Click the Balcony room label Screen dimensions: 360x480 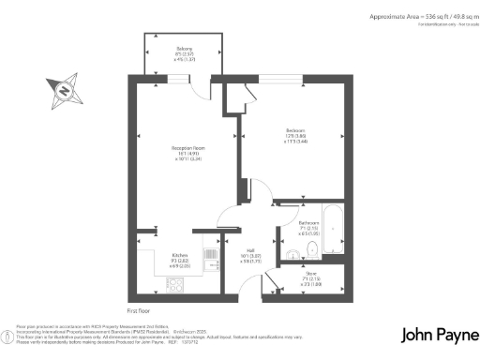coord(185,48)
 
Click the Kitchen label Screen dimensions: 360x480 coord(180,254)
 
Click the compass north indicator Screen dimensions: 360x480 coord(63,91)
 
